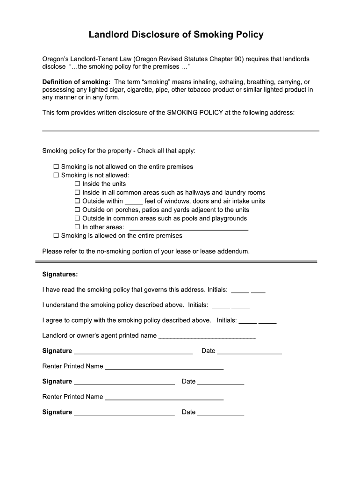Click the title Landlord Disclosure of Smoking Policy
(176, 35)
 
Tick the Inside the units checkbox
(78, 184)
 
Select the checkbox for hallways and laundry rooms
(78, 192)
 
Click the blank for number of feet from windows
(134, 202)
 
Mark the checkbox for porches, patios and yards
(78, 210)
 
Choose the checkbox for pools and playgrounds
(78, 218)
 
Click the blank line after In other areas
(188, 228)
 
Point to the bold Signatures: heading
(60, 274)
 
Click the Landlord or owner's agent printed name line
(207, 336)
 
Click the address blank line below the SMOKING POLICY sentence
(180, 130)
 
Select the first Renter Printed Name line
(164, 368)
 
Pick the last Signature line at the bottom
(124, 414)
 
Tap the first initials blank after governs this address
(240, 291)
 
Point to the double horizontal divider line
(176, 261)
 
